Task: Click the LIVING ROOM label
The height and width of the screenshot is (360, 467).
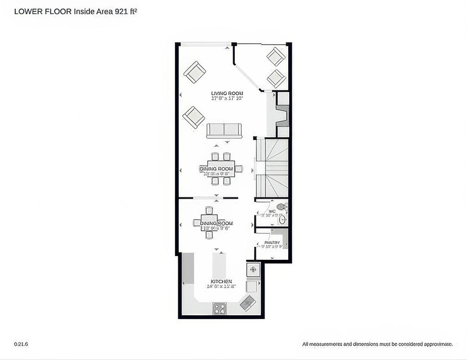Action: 227,93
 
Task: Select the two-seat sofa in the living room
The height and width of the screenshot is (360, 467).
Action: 224,130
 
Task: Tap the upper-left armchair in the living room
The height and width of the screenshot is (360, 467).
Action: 195,72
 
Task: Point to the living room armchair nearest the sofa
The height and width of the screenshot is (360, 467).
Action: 194,117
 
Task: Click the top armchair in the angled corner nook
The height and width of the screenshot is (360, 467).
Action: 276,57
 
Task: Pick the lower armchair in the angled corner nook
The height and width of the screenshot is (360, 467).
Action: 276,78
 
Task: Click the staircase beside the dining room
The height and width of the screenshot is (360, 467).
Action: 272,168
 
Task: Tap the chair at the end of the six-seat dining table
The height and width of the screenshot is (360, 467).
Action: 239,169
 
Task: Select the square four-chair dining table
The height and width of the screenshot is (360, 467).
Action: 209,223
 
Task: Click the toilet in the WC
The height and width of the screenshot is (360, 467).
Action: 281,207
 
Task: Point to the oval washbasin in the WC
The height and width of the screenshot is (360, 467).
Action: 282,220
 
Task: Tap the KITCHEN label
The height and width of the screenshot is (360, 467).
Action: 221,282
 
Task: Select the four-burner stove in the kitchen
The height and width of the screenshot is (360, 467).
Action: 219,309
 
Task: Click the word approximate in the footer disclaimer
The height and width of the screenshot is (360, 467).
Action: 437,344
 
